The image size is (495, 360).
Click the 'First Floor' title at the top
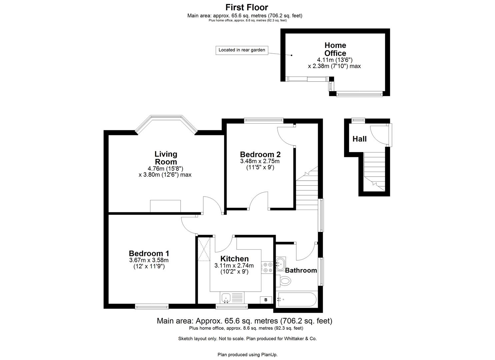pos(247,7)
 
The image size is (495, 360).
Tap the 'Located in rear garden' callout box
pos(242,50)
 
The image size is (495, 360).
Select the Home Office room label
pos(335,49)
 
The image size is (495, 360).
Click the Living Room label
pos(166,158)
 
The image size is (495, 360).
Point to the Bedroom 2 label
pos(260,154)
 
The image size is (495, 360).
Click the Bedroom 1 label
pos(149,253)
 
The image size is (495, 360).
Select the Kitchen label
pos(234,259)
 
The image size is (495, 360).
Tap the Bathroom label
pos(301,270)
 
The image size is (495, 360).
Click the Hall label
pos(359,139)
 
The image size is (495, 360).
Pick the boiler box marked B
pos(266,300)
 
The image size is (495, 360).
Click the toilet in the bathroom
pos(284,280)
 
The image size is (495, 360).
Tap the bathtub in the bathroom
pos(296,300)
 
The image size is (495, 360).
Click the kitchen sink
pos(226,297)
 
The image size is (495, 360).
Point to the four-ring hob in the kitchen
pos(267,267)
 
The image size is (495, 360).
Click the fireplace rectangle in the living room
pos(165,206)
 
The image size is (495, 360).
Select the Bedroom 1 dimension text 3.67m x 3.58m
pos(149,260)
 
